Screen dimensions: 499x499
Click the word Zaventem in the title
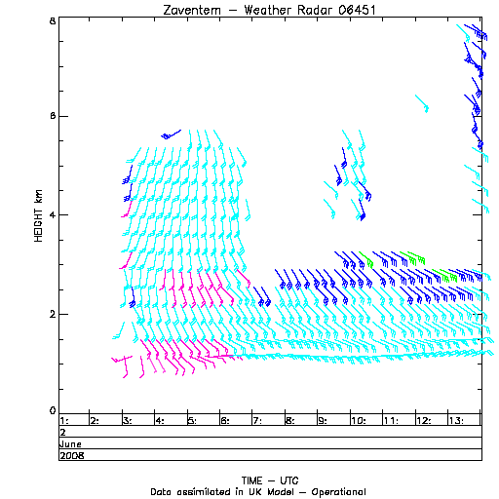point(192,10)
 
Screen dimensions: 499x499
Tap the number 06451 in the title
point(357,10)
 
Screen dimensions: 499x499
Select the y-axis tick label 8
point(53,21)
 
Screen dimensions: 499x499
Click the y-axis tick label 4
point(53,215)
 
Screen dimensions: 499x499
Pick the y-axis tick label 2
point(53,315)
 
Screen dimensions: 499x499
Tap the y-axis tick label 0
point(53,411)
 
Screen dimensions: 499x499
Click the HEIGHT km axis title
point(38,215)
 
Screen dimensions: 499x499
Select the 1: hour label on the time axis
point(64,421)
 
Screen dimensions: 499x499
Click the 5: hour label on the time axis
point(192,421)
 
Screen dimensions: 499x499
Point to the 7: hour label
point(257,421)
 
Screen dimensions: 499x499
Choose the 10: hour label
point(359,421)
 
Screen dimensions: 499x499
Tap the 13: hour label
point(456,421)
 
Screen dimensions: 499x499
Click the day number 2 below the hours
point(63,433)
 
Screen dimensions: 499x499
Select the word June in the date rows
point(70,444)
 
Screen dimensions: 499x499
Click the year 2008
point(72,456)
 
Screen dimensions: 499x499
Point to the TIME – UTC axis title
point(270,480)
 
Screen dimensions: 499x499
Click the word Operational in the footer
point(338,492)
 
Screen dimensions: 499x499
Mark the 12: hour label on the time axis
point(424,421)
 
